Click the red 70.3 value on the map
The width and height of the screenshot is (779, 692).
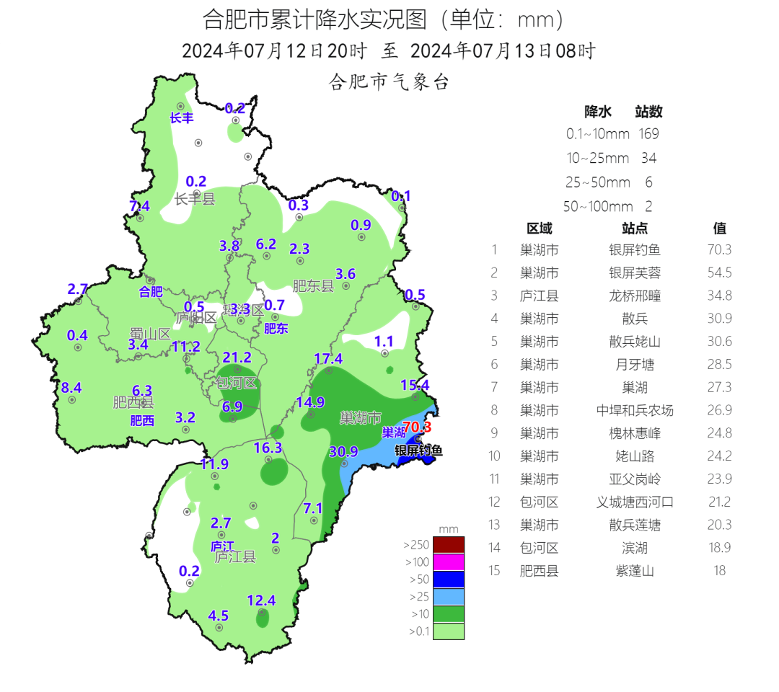pyautogui.click(x=417, y=427)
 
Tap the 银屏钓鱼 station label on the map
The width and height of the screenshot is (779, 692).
pyautogui.click(x=418, y=451)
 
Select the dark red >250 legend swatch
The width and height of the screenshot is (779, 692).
pyautogui.click(x=449, y=544)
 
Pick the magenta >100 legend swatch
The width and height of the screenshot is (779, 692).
pyautogui.click(x=449, y=562)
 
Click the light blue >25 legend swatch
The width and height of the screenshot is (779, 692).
pyautogui.click(x=449, y=596)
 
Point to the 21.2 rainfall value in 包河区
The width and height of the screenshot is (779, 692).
pyautogui.click(x=237, y=358)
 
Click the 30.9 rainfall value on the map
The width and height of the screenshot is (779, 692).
pyautogui.click(x=343, y=452)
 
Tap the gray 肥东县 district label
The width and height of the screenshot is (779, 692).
pyautogui.click(x=314, y=286)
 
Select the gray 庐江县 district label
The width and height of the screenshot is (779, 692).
pyautogui.click(x=235, y=556)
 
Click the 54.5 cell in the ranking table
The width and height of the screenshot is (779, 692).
pyautogui.click(x=719, y=273)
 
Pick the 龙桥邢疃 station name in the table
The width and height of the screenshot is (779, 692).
pyautogui.click(x=634, y=296)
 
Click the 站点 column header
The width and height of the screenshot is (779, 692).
pyautogui.click(x=634, y=229)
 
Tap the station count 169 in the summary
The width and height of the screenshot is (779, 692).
pyautogui.click(x=648, y=134)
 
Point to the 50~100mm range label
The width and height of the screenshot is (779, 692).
pyautogui.click(x=598, y=207)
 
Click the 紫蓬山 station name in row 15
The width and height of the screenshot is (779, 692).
pyautogui.click(x=634, y=571)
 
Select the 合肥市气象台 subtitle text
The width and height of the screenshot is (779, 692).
pyautogui.click(x=389, y=82)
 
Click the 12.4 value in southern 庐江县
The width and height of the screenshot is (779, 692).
pyautogui.click(x=261, y=600)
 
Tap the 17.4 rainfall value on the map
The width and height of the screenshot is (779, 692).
pyautogui.click(x=328, y=359)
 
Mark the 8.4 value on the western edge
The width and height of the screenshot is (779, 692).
pyautogui.click(x=71, y=388)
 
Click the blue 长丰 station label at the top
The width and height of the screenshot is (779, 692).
pyautogui.click(x=182, y=117)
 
